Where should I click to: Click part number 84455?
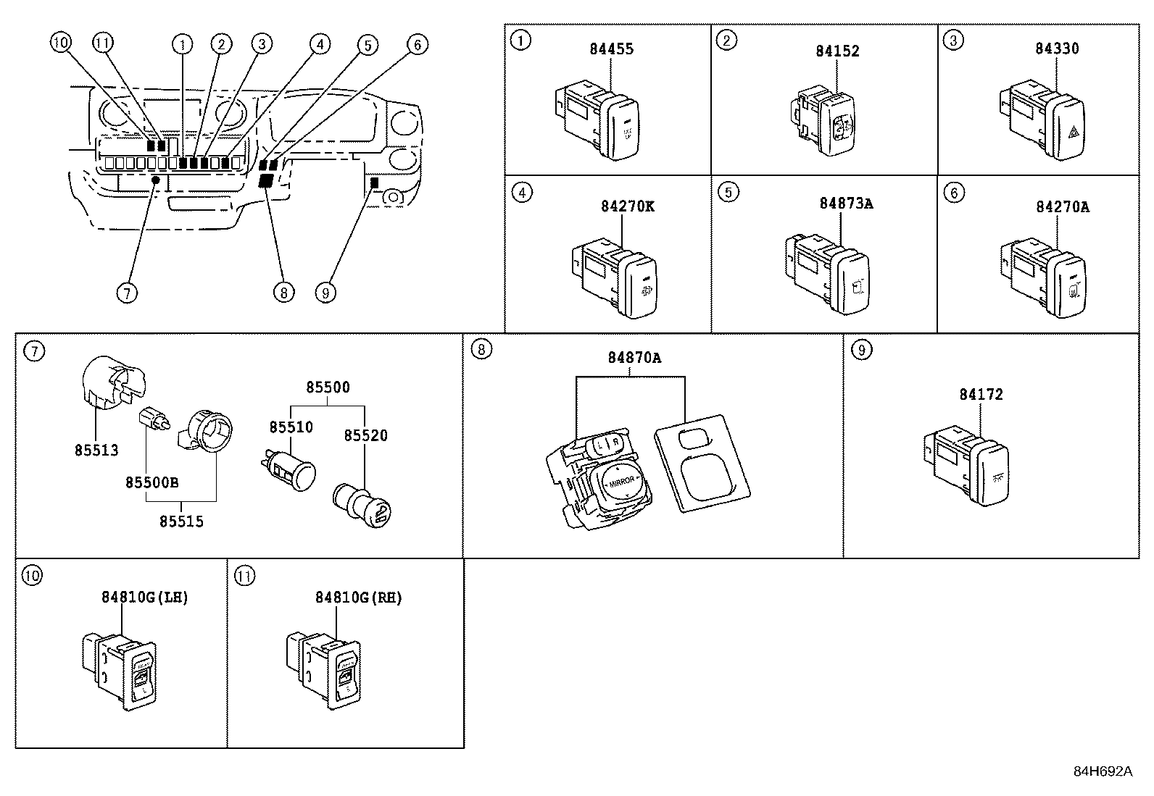pyautogui.click(x=611, y=49)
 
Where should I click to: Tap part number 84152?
pyautogui.click(x=837, y=51)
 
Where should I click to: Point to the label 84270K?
pyautogui.click(x=627, y=206)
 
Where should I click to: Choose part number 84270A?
pyautogui.click(x=1062, y=207)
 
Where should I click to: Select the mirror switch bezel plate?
pyautogui.click(x=702, y=463)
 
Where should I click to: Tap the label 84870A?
pyautogui.click(x=634, y=358)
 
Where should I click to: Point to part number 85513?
pyautogui.click(x=96, y=450)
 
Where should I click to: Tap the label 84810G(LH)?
pyautogui.click(x=144, y=598)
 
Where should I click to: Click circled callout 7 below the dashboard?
pyautogui.click(x=127, y=293)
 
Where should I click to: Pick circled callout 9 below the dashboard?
pyautogui.click(x=325, y=293)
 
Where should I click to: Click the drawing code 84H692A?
pyautogui.click(x=1102, y=771)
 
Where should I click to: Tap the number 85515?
pyautogui.click(x=181, y=521)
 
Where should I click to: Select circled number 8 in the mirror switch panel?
pyautogui.click(x=481, y=350)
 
